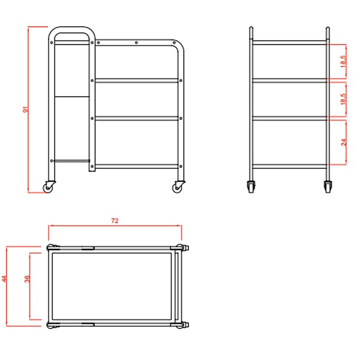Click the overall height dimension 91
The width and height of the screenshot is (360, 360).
(26, 110)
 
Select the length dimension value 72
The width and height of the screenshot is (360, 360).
(115, 221)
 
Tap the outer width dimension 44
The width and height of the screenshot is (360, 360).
(4, 279)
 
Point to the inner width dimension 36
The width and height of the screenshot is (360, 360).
(27, 279)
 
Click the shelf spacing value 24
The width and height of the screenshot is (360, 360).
(344, 142)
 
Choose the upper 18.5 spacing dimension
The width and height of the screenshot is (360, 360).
(343, 61)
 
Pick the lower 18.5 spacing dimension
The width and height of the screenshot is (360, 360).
(343, 99)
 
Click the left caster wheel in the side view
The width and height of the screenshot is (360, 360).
(49, 187)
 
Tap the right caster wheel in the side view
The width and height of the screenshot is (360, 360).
(178, 187)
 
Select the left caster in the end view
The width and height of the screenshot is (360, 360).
(251, 187)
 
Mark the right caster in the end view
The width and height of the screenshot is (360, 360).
(328, 187)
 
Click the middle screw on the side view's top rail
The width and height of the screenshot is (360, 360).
(136, 43)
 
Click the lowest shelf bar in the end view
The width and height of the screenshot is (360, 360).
(290, 166)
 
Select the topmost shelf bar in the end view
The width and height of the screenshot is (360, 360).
(290, 43)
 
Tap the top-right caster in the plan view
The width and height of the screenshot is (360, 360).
(183, 248)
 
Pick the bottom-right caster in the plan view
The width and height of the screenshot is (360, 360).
(183, 325)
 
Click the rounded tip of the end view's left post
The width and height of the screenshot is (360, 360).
(251, 28)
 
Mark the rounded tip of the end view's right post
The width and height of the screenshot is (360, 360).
(328, 28)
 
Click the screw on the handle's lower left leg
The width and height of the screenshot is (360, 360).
(52, 161)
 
